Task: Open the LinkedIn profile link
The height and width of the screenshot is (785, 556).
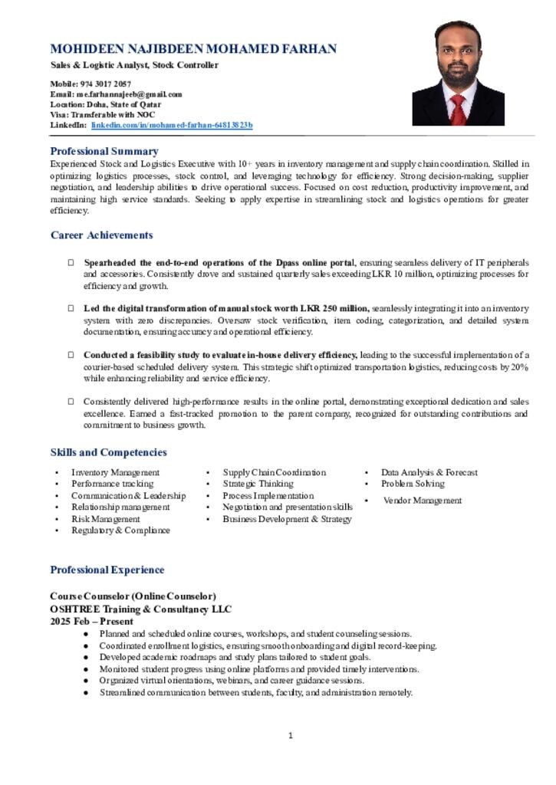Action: click(172, 124)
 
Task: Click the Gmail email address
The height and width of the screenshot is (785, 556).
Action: click(130, 94)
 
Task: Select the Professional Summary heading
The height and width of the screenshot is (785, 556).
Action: click(104, 151)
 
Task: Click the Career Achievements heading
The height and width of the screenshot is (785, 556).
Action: click(101, 235)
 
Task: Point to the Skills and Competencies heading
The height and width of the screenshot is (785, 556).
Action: click(108, 452)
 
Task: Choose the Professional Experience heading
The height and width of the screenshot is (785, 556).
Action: click(107, 570)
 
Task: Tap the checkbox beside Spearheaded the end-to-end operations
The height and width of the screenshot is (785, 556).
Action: click(71, 262)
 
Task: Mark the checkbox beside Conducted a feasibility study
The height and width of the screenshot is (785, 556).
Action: click(71, 355)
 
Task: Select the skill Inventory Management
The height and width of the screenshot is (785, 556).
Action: click(115, 472)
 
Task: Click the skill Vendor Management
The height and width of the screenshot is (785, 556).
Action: click(423, 501)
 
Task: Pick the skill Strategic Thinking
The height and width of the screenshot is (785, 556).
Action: click(258, 484)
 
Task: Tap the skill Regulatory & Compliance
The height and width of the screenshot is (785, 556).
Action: click(120, 530)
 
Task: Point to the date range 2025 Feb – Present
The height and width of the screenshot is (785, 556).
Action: click(91, 621)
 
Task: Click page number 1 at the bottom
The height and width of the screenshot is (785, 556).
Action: click(291, 736)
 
